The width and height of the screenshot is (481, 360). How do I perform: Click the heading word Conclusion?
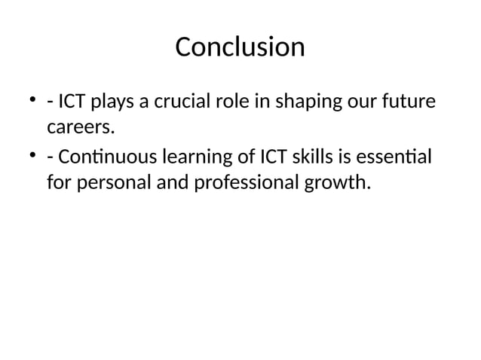click(240, 47)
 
